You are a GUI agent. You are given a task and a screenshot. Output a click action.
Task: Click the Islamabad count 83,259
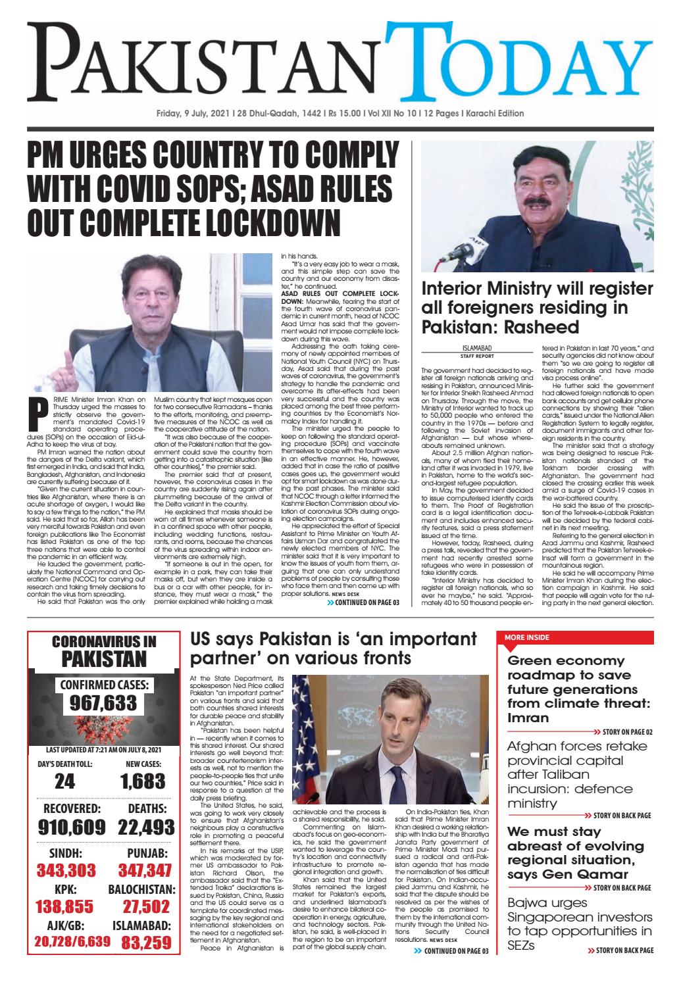tap(145, 944)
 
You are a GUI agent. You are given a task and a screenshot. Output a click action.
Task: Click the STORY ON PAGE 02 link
tap(621, 732)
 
